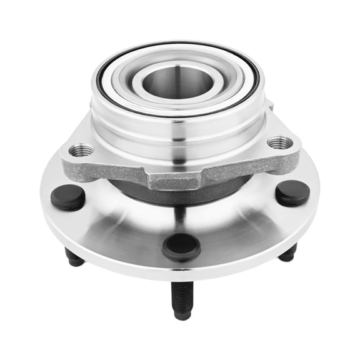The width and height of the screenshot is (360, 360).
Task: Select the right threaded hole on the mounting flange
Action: pyautogui.click(x=279, y=143)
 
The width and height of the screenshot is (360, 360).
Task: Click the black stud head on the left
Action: pyautogui.click(x=67, y=197)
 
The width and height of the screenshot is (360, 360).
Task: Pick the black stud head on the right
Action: pyautogui.click(x=292, y=192)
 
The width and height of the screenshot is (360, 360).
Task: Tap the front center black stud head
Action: pyautogui.click(x=181, y=246)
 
